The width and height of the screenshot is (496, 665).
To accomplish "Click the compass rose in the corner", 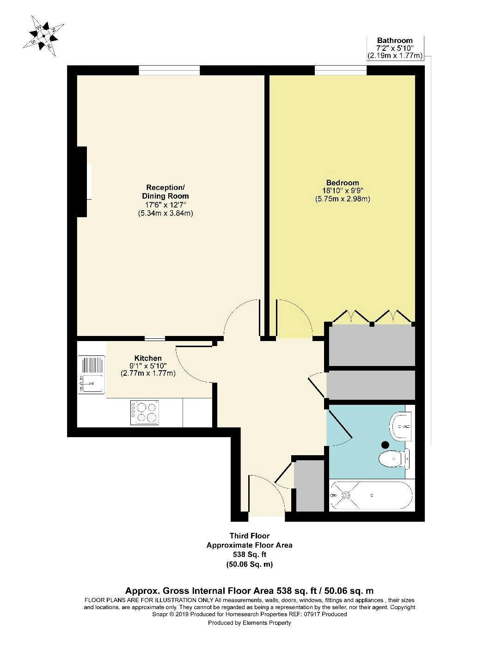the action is pyautogui.click(x=43, y=36).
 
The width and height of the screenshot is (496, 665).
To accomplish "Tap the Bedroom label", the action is pyautogui.click(x=343, y=183).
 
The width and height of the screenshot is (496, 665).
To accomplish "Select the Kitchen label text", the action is pyautogui.click(x=148, y=358).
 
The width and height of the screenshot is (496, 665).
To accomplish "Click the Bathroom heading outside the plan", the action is pyautogui.click(x=394, y=40).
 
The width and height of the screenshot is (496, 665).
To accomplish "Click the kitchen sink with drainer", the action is pyautogui.click(x=91, y=375).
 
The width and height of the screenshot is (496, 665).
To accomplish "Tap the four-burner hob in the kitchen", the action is pyautogui.click(x=145, y=412).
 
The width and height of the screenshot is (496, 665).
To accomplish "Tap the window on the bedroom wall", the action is pyautogui.click(x=341, y=71).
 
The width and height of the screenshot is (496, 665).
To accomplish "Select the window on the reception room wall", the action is pyautogui.click(x=169, y=71).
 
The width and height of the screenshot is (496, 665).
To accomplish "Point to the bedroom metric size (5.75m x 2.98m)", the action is pyautogui.click(x=343, y=199).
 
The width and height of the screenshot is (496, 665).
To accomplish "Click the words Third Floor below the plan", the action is pyautogui.click(x=249, y=536).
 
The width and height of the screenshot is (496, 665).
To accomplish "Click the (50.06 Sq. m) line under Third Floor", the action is pyautogui.click(x=249, y=565).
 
